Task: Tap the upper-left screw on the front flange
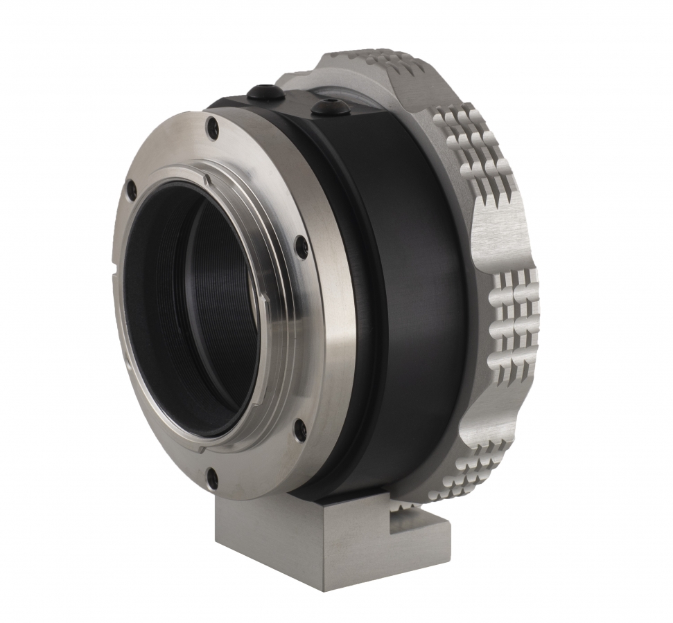[x=130, y=186]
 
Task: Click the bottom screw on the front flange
[x=213, y=478]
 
